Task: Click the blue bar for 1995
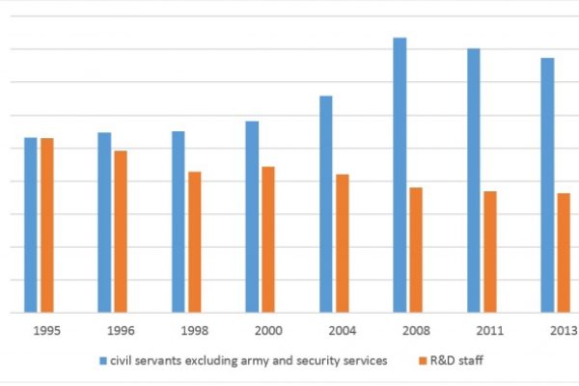(x=31, y=225)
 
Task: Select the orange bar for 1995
(x=47, y=225)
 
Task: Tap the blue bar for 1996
(x=104, y=222)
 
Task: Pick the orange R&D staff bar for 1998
(x=194, y=242)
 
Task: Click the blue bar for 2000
(x=252, y=216)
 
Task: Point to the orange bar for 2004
(x=342, y=243)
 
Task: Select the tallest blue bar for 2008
(x=400, y=175)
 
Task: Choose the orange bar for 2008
(x=416, y=250)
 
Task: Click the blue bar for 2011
(x=474, y=180)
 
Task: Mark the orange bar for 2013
(x=564, y=253)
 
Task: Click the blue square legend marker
(x=103, y=361)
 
